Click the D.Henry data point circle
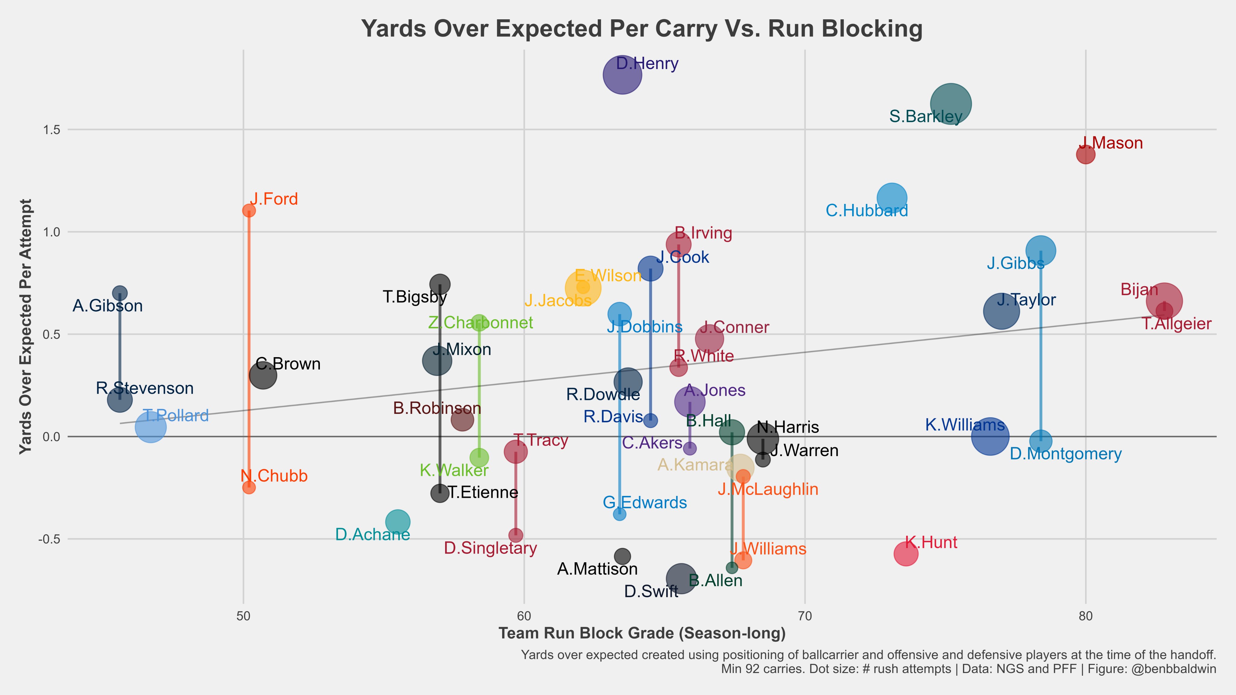pyautogui.click(x=622, y=75)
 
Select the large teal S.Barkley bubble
pyautogui.click(x=951, y=103)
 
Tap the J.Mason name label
pyautogui.click(x=1111, y=143)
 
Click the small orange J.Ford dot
pyautogui.click(x=249, y=211)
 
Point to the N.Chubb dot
pyautogui.click(x=249, y=487)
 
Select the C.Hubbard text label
pyautogui.click(x=867, y=211)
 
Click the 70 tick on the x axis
pyautogui.click(x=805, y=616)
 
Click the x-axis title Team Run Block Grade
pyautogui.click(x=642, y=633)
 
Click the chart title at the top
pyautogui.click(x=642, y=29)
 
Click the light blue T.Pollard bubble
pyautogui.click(x=151, y=427)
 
